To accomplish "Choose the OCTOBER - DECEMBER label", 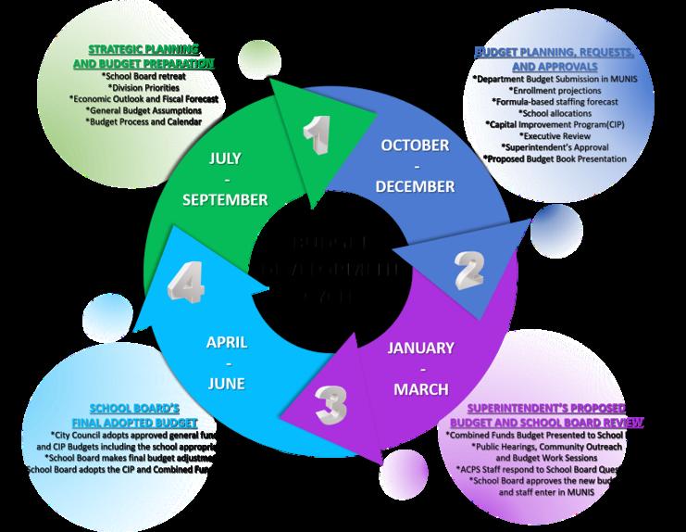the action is pos(415,166).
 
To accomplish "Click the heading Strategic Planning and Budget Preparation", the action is pos(143,56).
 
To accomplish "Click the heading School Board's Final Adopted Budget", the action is pos(134,415).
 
